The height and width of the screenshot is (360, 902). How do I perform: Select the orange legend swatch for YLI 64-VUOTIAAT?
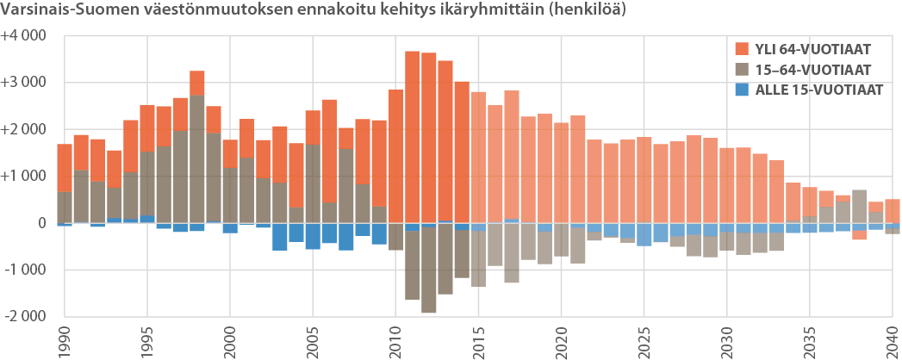740,49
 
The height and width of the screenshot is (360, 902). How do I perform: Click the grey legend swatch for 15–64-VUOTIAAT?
740,70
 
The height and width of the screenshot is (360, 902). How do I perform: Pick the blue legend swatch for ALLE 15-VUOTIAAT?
740,90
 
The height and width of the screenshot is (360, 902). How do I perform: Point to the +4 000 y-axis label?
23,36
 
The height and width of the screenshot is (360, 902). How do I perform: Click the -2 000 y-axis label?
23,316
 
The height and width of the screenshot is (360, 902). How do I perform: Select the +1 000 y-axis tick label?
23,177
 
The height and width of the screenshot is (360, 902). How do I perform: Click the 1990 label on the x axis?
65,339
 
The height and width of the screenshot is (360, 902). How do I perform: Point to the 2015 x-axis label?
478,339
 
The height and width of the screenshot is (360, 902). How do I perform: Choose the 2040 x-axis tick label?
892,339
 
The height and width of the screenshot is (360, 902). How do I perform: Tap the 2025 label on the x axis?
644,339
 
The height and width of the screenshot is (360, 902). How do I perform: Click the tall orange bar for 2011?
413,138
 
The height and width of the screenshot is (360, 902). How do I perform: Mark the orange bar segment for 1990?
65,168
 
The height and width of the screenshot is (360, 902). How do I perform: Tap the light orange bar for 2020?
561,172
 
